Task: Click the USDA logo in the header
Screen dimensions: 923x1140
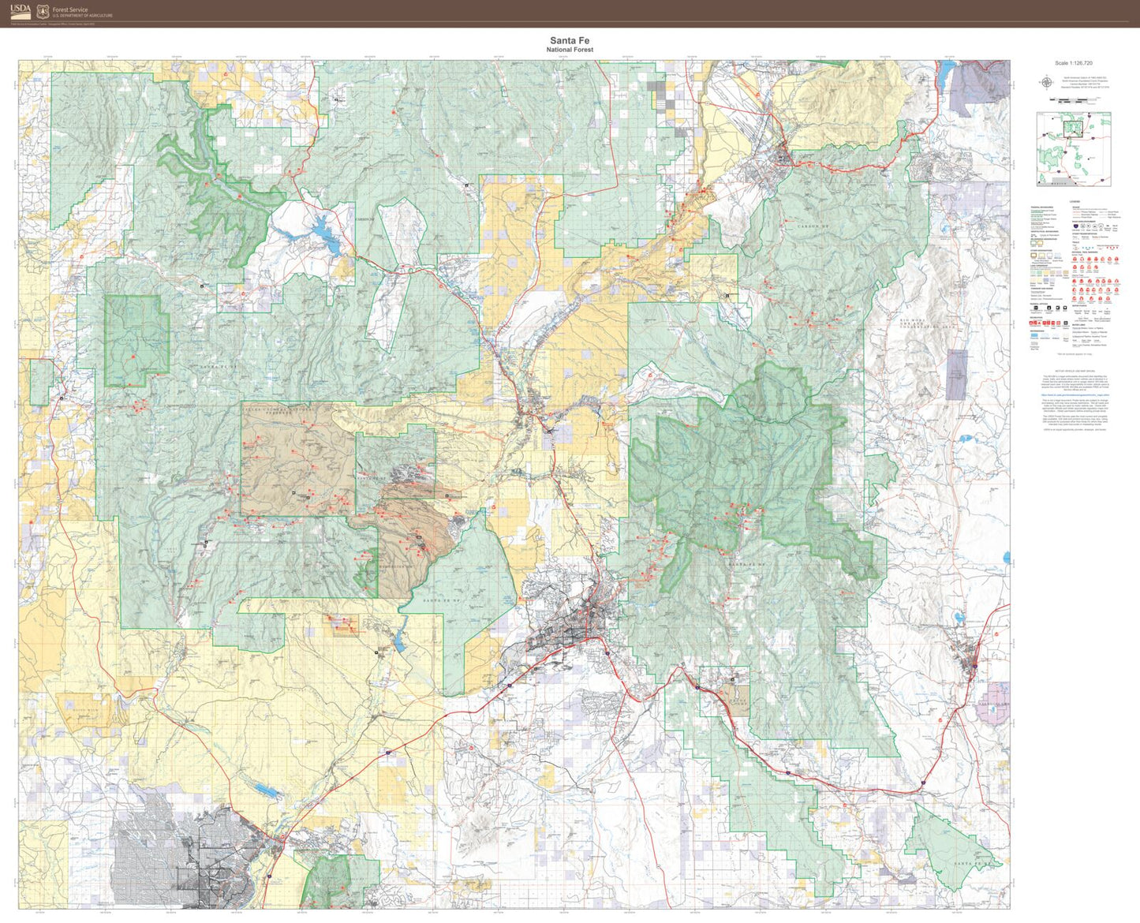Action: pos(21,11)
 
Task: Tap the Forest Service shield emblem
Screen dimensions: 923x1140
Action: pos(43,11)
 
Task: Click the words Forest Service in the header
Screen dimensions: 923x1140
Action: pos(70,9)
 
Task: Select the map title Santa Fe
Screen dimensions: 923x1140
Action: pos(570,40)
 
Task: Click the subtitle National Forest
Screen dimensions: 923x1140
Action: pos(570,50)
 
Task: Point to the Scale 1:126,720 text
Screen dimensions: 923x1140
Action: pos(1073,63)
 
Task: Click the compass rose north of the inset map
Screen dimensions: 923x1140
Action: pos(1046,82)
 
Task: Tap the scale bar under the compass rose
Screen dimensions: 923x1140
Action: pos(1073,99)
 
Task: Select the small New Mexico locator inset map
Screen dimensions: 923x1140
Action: pos(1073,149)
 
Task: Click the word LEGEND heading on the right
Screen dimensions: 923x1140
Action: pos(1075,202)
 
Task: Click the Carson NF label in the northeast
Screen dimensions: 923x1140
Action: pos(813,226)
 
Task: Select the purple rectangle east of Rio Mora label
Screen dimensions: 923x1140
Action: pos(956,374)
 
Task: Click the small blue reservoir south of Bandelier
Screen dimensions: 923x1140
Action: pos(399,645)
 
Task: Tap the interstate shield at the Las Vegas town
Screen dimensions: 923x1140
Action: pos(975,666)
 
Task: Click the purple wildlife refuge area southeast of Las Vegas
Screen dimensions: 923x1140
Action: pos(992,709)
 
